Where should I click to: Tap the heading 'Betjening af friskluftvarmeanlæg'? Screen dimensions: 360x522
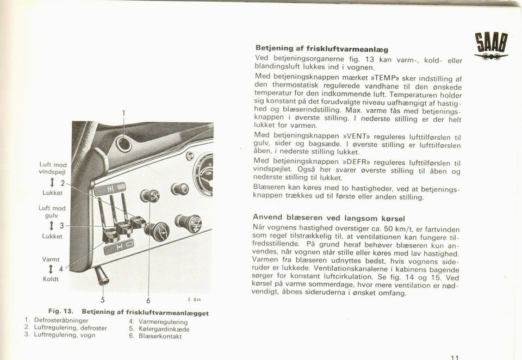[x=322, y=49]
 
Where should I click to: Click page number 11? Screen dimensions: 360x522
[x=455, y=357]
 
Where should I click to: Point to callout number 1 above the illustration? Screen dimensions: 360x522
[x=123, y=114]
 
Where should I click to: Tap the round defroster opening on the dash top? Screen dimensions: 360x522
[x=123, y=144]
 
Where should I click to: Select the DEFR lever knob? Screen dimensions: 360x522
[x=138, y=222]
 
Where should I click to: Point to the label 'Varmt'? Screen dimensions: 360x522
[x=51, y=259]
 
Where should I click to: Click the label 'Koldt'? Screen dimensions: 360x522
[x=51, y=279]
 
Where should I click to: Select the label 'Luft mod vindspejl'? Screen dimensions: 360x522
[x=53, y=167]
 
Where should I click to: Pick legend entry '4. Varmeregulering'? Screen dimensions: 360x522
[x=158, y=321]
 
